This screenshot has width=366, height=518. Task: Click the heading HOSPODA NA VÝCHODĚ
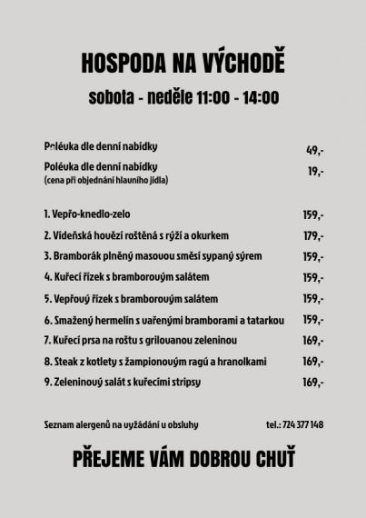(183, 63)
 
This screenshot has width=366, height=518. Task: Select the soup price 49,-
(315, 151)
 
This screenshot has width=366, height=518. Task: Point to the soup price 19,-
(315, 171)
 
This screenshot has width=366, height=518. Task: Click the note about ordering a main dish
(105, 180)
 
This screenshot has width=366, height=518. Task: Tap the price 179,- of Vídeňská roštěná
(313, 235)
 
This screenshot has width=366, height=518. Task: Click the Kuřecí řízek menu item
(126, 277)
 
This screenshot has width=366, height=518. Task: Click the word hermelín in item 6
(112, 319)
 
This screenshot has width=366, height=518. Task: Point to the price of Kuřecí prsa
(313, 341)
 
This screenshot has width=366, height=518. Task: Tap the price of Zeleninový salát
(313, 383)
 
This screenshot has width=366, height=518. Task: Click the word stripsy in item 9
(183, 383)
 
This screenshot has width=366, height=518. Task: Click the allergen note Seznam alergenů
(120, 424)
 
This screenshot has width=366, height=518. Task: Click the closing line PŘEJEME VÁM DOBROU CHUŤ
(183, 460)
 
